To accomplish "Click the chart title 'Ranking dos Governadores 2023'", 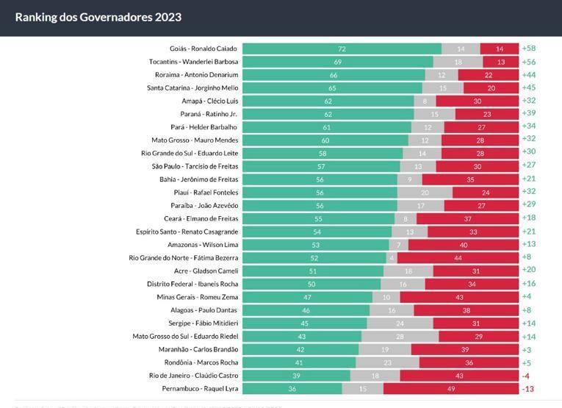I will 98,17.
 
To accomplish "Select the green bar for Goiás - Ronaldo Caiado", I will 342,49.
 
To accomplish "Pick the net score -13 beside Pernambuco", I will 527,388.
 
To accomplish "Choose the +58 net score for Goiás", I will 528,49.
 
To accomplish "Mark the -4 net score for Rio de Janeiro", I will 526,375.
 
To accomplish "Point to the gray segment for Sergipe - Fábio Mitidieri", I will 400,323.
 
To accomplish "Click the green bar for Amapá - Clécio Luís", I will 328,101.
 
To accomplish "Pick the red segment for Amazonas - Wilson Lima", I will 464,245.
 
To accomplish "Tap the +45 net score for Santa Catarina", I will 528,87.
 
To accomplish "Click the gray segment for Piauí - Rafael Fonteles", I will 425,193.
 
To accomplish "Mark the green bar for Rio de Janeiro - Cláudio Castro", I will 296,375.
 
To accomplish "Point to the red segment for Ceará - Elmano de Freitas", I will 468,218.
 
